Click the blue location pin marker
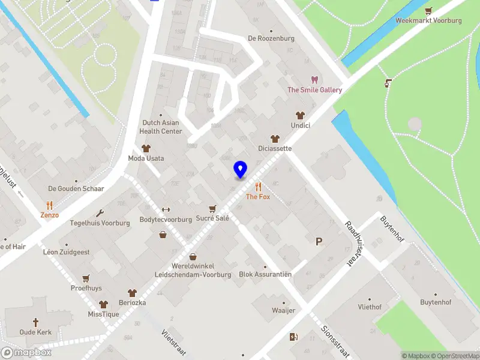click(x=240, y=169)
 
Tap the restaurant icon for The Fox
click(x=258, y=187)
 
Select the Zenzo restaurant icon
click(x=50, y=205)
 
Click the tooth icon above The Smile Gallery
click(x=314, y=80)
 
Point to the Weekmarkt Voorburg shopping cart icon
click(x=428, y=10)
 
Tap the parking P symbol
click(x=319, y=241)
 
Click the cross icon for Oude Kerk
click(x=35, y=322)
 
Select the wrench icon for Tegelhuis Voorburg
click(x=100, y=213)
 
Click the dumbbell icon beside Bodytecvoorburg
click(x=166, y=209)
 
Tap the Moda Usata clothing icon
click(x=145, y=148)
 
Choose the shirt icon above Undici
click(x=299, y=115)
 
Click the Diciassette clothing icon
click(x=275, y=139)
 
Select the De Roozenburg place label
click(x=271, y=38)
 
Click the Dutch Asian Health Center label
click(x=160, y=127)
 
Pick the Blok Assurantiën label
click(x=265, y=274)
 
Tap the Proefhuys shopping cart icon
click(x=86, y=278)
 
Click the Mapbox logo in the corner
click(x=26, y=352)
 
